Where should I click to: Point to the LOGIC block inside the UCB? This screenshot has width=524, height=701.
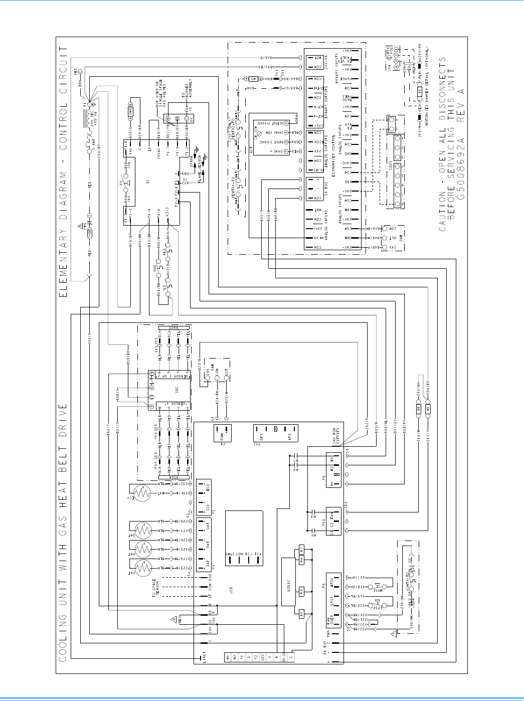[288, 581]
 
